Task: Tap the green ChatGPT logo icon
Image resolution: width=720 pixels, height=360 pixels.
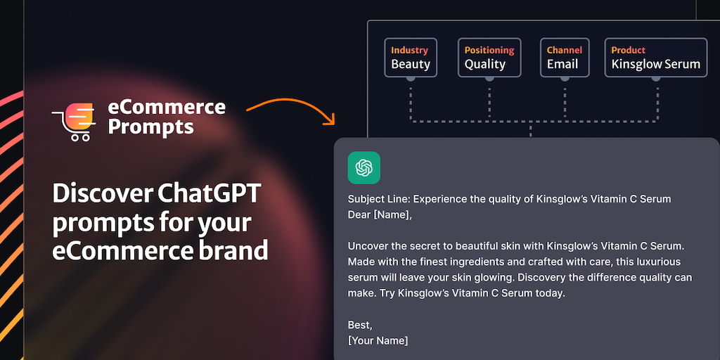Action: (364, 167)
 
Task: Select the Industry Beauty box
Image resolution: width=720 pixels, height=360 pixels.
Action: (411, 58)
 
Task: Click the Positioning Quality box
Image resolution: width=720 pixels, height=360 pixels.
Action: (489, 58)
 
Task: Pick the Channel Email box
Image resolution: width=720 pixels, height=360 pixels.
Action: (565, 58)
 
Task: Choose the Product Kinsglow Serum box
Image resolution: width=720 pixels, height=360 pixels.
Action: (656, 58)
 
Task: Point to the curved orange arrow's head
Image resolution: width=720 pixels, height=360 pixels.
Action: (330, 120)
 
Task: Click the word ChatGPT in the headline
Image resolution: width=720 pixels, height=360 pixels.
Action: (210, 194)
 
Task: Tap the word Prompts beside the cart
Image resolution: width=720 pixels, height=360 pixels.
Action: (150, 127)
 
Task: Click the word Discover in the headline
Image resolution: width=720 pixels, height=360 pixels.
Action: (102, 194)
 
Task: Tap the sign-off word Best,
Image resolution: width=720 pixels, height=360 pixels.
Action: (360, 325)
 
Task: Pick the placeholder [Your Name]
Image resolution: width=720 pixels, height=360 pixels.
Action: (378, 341)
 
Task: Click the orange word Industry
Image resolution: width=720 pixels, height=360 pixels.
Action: (410, 50)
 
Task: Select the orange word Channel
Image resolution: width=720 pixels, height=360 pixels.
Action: (565, 50)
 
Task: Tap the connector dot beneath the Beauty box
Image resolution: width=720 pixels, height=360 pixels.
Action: (411, 78)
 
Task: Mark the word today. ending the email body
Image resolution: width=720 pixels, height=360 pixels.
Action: (550, 293)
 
